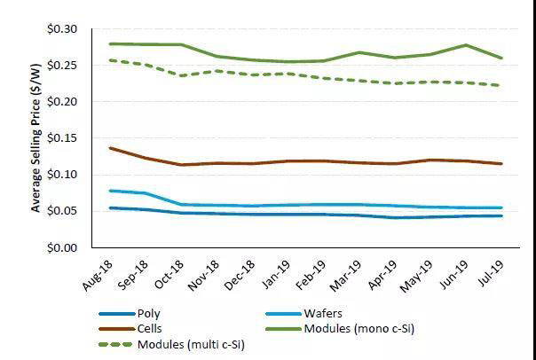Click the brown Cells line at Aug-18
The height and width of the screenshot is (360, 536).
pos(109,148)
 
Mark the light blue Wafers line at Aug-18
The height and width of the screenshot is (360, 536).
pos(109,191)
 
